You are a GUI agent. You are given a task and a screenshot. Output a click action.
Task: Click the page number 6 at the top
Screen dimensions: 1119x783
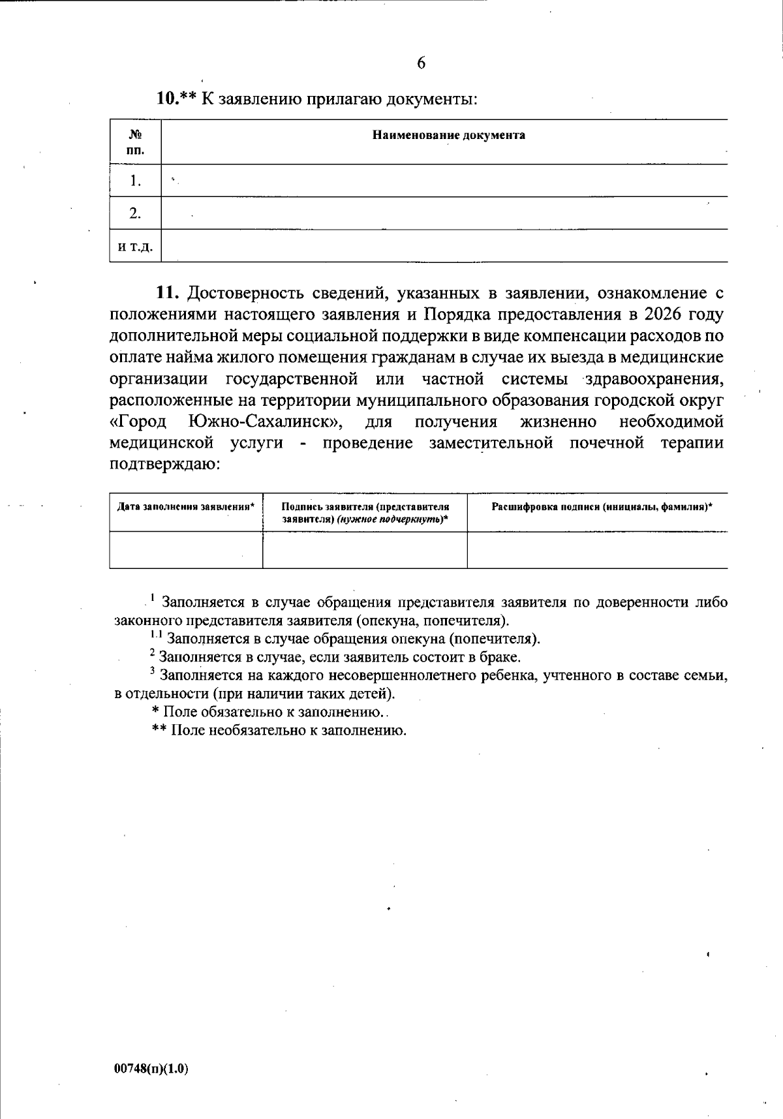[421, 63]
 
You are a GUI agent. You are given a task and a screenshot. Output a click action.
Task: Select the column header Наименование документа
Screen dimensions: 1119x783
[448, 136]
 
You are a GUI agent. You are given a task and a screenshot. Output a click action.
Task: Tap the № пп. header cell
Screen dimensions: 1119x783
[136, 142]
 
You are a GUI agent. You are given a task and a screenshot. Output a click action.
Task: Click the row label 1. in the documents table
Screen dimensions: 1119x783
[136, 181]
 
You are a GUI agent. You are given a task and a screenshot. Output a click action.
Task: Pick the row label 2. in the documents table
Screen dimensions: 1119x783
[136, 213]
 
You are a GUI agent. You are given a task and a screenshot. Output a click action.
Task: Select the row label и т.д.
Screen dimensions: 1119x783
[136, 247]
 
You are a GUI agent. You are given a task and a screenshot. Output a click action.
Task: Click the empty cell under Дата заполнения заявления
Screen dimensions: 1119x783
[186, 550]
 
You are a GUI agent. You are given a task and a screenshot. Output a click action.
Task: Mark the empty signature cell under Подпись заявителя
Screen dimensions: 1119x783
[365, 550]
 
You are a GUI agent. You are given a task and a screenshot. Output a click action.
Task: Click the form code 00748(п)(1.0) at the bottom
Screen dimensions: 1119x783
[151, 1069]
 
